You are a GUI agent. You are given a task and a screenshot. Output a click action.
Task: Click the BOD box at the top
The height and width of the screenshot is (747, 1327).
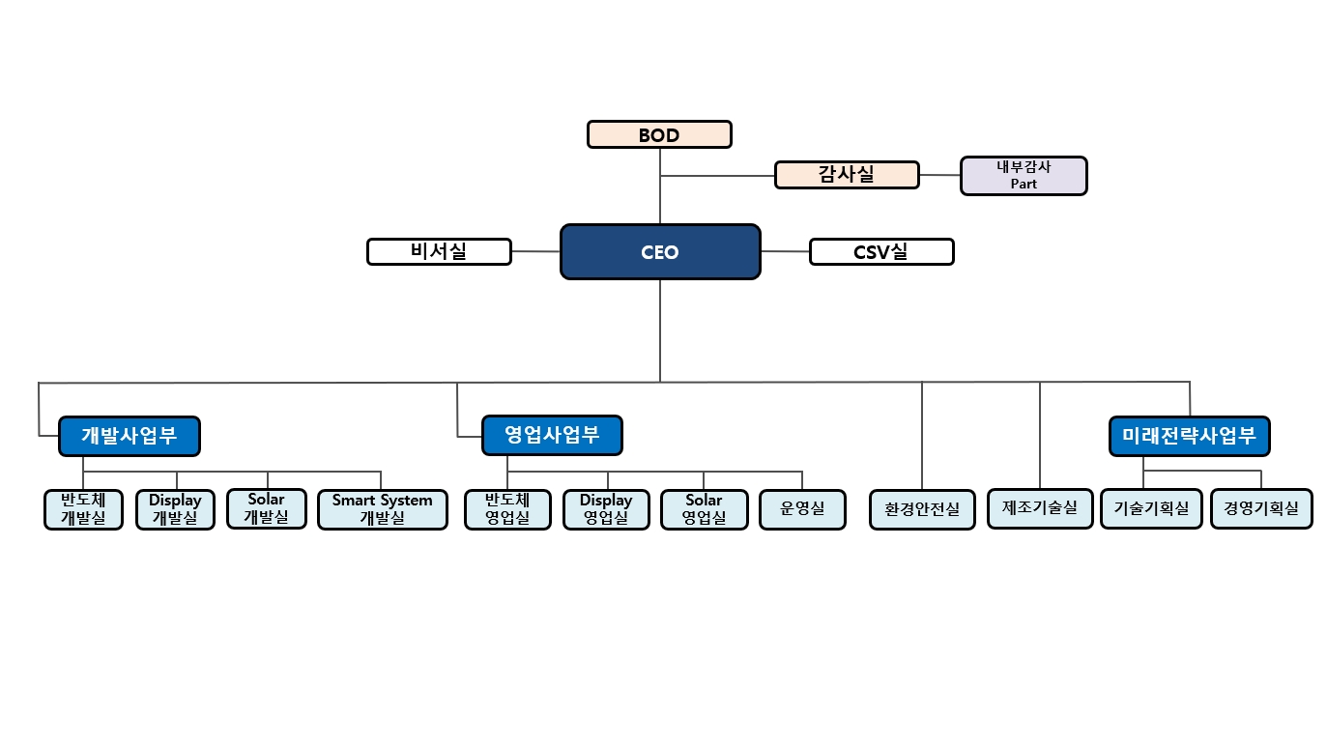(659, 134)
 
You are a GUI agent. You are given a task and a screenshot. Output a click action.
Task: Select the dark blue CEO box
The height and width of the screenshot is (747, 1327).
(660, 252)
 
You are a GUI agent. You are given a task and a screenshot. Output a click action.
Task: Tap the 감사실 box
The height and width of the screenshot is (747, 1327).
(847, 175)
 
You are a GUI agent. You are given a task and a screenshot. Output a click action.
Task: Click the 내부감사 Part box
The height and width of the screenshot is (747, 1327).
(1023, 176)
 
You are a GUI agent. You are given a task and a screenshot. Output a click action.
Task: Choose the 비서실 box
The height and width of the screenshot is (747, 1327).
(439, 251)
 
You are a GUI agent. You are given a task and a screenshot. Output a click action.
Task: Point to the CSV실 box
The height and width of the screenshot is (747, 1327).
(880, 251)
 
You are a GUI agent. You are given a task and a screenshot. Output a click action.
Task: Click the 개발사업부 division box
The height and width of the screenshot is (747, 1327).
(130, 436)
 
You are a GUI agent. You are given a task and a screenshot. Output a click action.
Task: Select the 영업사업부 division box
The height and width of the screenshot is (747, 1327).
(552, 435)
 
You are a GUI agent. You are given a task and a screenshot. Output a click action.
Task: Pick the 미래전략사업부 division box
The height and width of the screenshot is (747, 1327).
(1189, 436)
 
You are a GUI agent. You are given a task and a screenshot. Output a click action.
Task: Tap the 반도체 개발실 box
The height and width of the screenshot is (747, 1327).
(83, 509)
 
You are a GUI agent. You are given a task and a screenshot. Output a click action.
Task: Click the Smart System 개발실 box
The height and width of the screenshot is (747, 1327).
(382, 509)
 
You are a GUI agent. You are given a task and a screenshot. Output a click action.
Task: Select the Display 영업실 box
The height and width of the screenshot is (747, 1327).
(606, 509)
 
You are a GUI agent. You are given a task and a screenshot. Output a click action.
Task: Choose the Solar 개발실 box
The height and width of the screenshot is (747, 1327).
(266, 508)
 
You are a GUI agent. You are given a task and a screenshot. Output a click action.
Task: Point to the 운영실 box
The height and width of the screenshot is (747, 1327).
(802, 509)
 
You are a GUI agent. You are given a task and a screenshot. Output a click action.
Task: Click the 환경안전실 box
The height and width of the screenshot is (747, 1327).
(922, 509)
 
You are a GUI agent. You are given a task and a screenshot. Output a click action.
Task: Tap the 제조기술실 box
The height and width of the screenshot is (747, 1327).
(1040, 508)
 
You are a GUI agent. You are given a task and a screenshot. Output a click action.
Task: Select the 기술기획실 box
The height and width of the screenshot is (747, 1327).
(1150, 508)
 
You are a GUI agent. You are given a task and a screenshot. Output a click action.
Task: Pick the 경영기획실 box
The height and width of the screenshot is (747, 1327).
(1261, 508)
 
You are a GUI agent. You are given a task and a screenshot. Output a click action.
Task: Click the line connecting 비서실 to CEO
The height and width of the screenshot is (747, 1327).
(535, 251)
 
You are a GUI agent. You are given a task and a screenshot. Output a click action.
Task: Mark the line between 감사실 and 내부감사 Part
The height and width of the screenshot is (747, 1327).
(939, 175)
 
